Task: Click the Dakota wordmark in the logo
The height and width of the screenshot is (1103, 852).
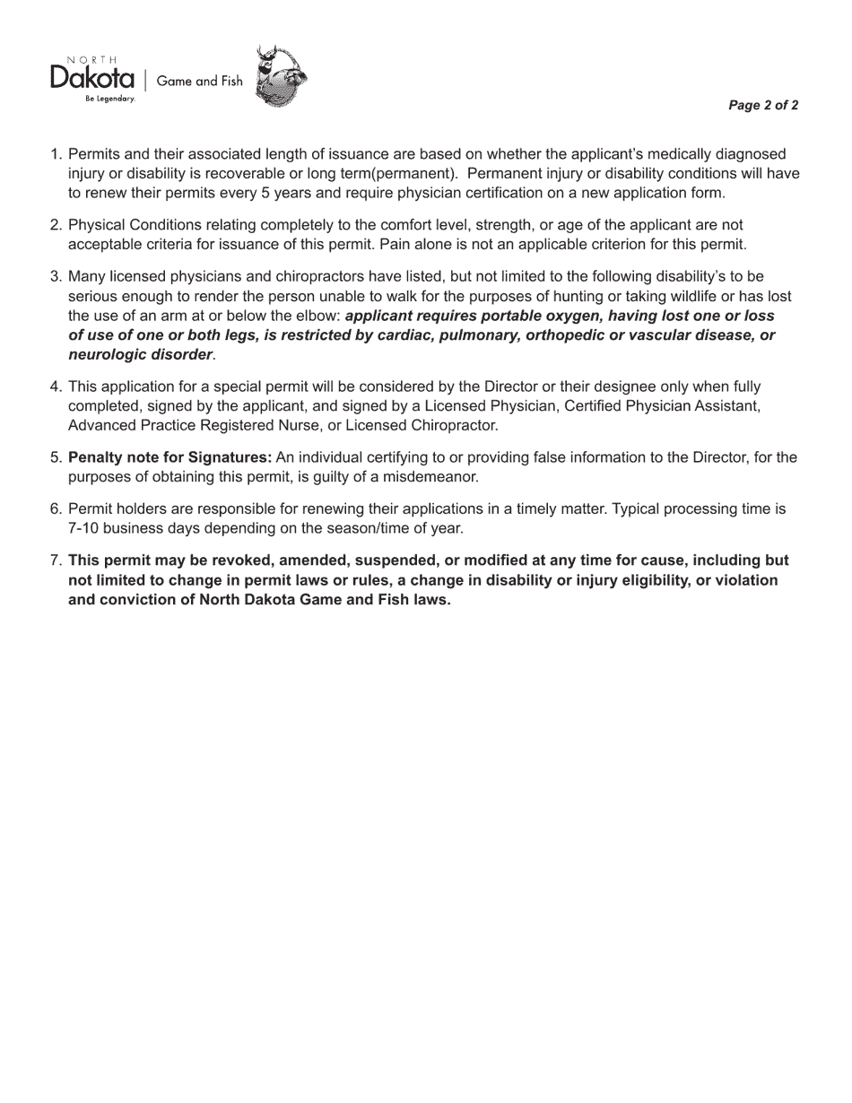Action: (x=92, y=79)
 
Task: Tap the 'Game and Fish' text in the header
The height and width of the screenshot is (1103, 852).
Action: (x=199, y=81)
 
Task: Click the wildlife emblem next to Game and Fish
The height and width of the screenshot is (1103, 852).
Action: (x=281, y=77)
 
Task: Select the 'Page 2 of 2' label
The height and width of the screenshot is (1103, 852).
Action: (x=763, y=106)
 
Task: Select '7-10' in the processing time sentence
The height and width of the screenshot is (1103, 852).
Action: (x=83, y=528)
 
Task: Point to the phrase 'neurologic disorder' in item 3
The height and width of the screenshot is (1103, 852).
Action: (x=140, y=354)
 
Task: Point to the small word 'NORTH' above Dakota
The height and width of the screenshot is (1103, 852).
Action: (x=92, y=60)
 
